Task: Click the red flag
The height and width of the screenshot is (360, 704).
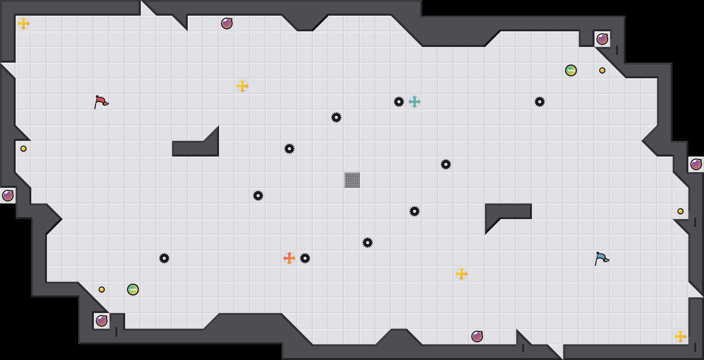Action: (x=101, y=102)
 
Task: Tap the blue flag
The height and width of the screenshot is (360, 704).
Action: (x=602, y=258)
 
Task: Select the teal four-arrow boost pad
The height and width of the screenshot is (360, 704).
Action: (x=415, y=102)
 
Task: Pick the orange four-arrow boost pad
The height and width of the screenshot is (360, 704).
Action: (x=289, y=258)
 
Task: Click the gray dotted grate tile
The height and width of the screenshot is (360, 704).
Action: (x=352, y=180)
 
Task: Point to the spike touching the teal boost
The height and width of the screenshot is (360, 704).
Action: (x=399, y=102)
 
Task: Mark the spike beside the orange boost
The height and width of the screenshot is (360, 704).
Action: (x=305, y=258)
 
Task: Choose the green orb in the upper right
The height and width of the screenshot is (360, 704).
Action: (x=571, y=70)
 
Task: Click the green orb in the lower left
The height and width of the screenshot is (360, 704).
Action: (x=133, y=290)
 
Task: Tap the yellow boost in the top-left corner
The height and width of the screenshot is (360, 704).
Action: (x=23, y=23)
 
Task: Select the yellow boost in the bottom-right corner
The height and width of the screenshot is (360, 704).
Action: (x=681, y=337)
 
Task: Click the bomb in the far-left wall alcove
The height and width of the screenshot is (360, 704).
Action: (x=8, y=196)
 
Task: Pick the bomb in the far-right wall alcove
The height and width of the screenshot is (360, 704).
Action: (x=696, y=164)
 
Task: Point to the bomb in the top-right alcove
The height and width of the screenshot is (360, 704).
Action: (x=602, y=39)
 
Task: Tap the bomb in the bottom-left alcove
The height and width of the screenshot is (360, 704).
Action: (x=102, y=321)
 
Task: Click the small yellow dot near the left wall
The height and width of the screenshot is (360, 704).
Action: (x=23, y=149)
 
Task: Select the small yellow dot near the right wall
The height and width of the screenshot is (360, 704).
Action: (x=681, y=211)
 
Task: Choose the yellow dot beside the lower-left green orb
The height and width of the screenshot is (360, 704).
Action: (x=102, y=290)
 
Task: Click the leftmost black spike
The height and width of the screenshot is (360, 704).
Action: (x=164, y=258)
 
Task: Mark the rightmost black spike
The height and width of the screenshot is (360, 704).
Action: (x=540, y=102)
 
